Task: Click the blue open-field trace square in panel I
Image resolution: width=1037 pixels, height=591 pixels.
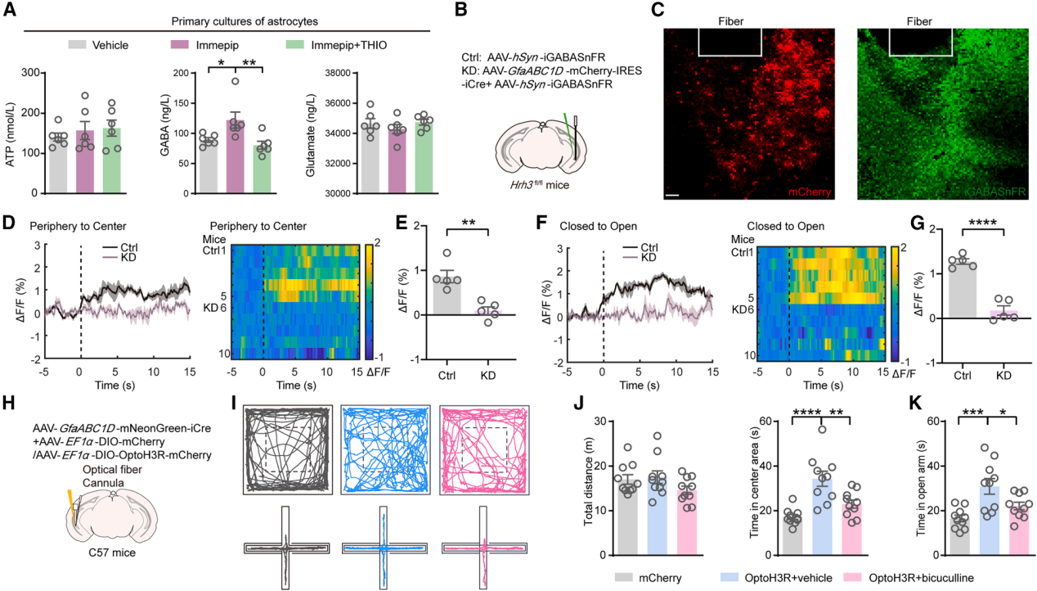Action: pyautogui.click(x=384, y=449)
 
